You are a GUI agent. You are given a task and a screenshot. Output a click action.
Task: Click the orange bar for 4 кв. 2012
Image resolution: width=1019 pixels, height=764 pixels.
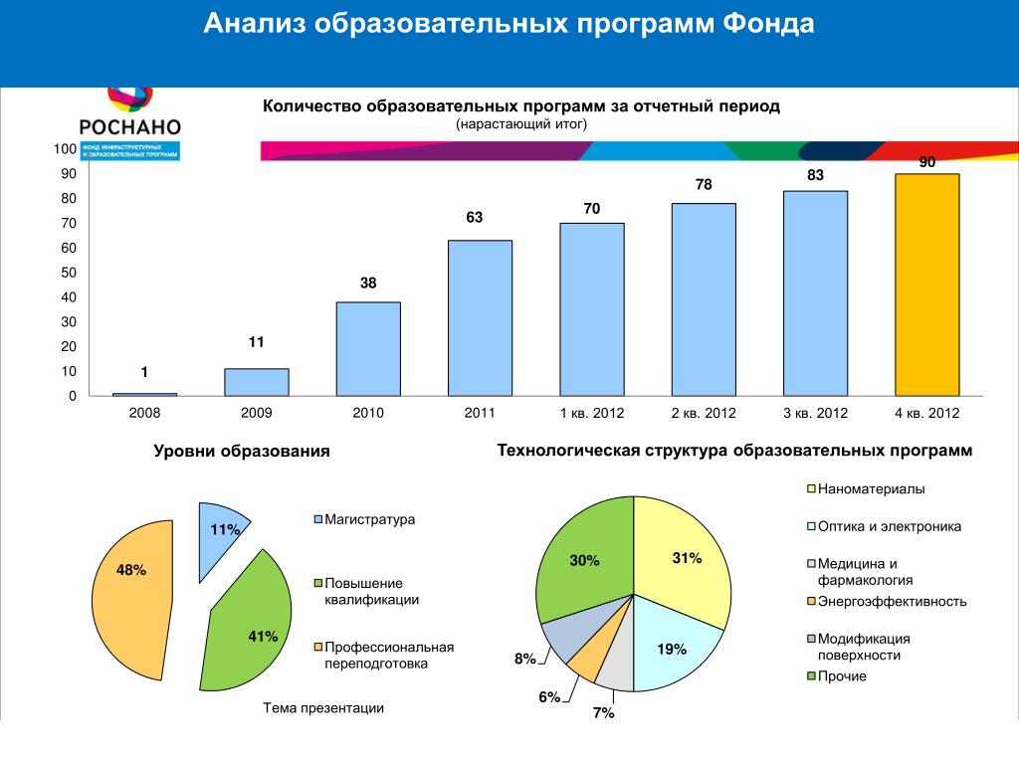[926, 285]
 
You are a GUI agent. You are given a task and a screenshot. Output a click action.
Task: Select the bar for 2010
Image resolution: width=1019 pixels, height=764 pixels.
[368, 348]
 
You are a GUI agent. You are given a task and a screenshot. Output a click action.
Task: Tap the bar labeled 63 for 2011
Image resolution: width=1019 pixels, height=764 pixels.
[480, 317]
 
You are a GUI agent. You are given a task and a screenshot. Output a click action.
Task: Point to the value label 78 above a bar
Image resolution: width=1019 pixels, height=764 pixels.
[704, 185]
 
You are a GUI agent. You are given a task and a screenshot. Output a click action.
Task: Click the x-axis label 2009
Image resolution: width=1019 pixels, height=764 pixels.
[256, 413]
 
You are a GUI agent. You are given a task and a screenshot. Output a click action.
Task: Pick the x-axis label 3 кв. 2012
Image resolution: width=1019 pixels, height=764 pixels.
[815, 413]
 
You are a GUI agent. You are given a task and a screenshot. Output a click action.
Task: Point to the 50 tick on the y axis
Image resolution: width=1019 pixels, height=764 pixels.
[68, 273]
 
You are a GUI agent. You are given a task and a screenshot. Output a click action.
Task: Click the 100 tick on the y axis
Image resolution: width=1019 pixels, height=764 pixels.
[65, 149]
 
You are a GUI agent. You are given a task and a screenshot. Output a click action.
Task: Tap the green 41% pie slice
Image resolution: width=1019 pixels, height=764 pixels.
[249, 627]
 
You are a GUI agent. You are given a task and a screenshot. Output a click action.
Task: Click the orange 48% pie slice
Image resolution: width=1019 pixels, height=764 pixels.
[129, 597]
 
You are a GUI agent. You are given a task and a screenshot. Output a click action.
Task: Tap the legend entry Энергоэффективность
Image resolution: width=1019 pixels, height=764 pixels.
[892, 602]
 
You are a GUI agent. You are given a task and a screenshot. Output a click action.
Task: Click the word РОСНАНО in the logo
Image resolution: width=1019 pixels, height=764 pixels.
[129, 126]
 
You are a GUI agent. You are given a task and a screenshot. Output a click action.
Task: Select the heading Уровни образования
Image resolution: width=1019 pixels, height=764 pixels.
[241, 453]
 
